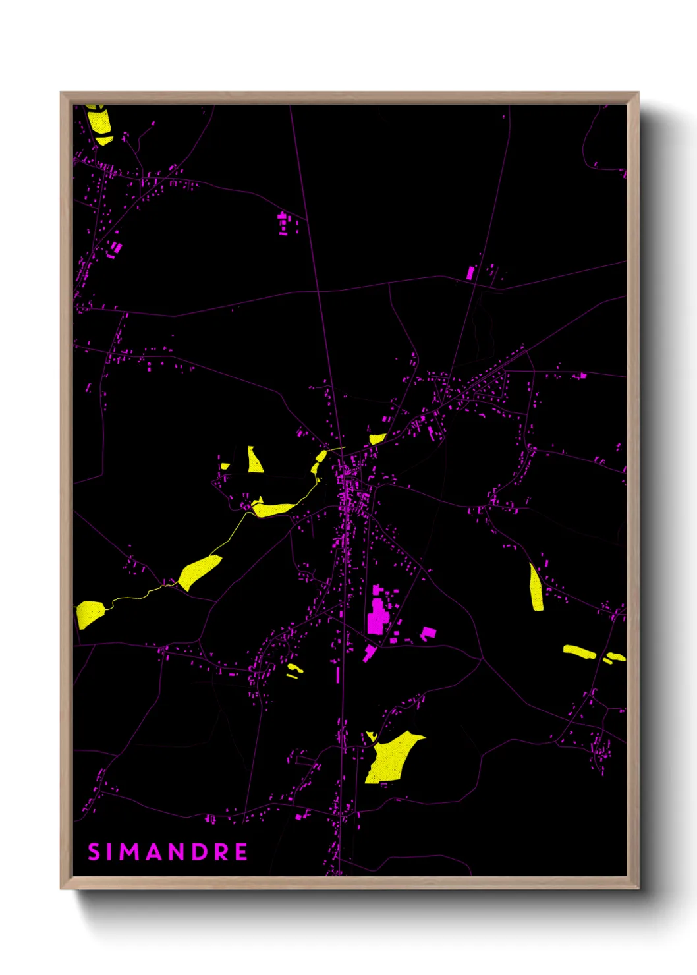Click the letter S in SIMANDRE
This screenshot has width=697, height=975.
click(x=94, y=852)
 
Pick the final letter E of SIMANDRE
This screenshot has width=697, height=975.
click(x=241, y=852)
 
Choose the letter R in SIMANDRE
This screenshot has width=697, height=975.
click(x=221, y=852)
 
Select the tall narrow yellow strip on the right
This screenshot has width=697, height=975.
click(x=536, y=588)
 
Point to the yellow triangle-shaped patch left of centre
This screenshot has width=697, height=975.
click(x=254, y=460)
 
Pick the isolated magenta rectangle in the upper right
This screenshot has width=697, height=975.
click(x=470, y=273)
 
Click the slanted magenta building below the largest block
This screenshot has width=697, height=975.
click(x=369, y=654)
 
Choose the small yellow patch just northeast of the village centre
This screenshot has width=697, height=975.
click(x=377, y=438)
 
